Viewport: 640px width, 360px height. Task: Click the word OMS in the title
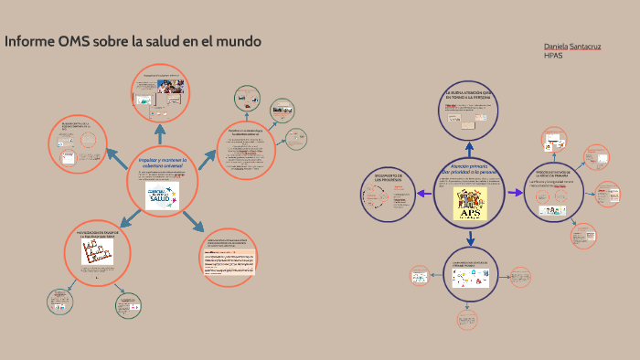tap(74, 42)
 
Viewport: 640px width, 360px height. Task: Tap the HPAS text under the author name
tap(554, 56)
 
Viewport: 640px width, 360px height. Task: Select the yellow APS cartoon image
tap(470, 203)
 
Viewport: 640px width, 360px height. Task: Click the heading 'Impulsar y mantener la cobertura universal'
tap(162, 163)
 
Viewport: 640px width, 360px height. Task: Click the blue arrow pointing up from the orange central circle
tap(161, 133)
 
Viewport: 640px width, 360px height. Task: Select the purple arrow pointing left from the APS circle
tap(425, 193)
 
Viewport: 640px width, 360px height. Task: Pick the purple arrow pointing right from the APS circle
tap(517, 193)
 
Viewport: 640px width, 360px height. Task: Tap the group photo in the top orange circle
tap(169, 87)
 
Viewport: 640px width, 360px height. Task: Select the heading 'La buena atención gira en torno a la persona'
tap(469, 96)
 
